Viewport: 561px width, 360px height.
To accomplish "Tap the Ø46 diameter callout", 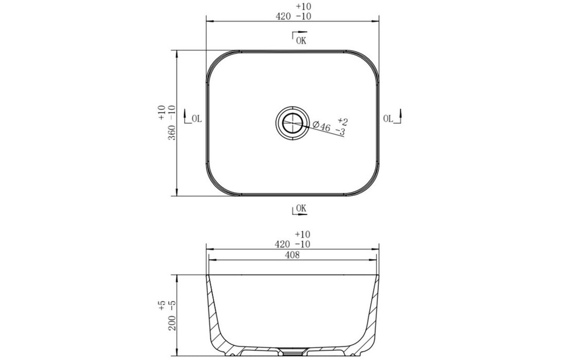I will coord(321,126).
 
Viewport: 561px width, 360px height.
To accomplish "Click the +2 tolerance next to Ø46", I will coord(343,121).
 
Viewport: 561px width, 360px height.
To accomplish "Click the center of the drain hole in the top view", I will coord(292,123).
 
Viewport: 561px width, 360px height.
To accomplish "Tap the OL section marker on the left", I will coord(194,119).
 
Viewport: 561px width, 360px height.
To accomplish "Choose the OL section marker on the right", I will coord(390,118).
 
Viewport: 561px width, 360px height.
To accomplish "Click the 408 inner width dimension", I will coord(293,255).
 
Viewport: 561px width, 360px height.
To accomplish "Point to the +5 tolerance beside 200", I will coord(162,307).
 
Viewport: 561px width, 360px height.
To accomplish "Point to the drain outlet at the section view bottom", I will coord(293,353).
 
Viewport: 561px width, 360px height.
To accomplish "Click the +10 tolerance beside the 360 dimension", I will coord(162,112).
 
